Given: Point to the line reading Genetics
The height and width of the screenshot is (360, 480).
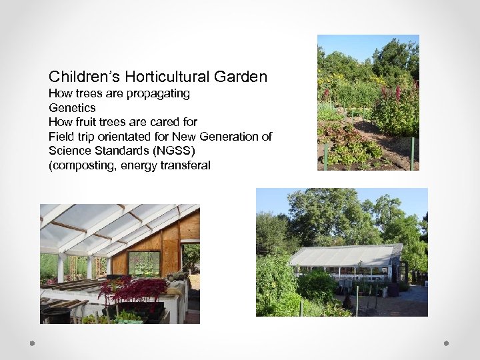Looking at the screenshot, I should pos(72,108).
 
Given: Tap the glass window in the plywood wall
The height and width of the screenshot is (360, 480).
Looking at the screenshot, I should pos(144,263).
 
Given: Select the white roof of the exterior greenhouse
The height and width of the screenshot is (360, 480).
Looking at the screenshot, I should pos(343,256).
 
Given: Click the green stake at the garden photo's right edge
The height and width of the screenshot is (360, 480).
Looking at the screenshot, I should pos(413,153).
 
